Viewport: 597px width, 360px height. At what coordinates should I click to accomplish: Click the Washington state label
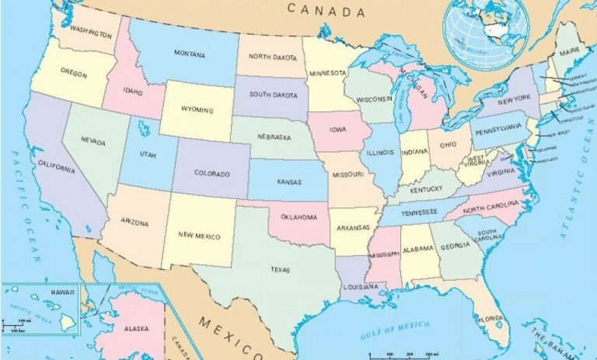(89, 31)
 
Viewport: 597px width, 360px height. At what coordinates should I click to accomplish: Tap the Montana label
(190, 55)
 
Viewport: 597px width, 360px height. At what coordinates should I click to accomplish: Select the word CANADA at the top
(326, 11)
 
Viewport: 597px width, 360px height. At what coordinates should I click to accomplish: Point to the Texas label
(280, 270)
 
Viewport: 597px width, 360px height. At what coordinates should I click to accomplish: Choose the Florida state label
(491, 319)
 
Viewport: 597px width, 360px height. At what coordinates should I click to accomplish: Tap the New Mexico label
(199, 236)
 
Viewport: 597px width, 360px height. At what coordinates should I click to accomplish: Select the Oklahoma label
(298, 217)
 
